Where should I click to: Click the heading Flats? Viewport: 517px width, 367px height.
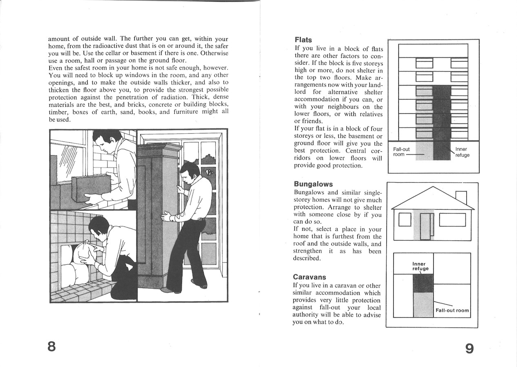[303, 40]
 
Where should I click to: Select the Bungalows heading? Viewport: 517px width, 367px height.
[313, 184]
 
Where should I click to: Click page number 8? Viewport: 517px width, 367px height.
[51, 347]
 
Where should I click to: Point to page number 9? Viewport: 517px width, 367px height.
[469, 349]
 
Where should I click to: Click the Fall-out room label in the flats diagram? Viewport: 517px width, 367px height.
[401, 152]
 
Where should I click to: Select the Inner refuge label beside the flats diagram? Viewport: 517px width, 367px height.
[462, 152]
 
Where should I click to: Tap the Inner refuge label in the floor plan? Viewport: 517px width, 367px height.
[420, 266]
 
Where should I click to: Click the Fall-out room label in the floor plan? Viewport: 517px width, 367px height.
[452, 310]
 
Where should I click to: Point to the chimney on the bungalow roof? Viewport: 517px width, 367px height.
[461, 197]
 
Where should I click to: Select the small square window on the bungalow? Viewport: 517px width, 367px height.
[404, 219]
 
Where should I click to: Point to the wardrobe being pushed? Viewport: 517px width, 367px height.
[157, 216]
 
